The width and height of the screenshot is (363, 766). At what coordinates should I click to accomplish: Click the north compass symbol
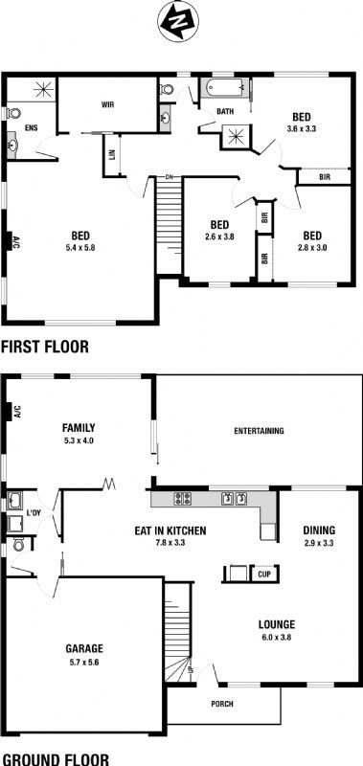(178, 21)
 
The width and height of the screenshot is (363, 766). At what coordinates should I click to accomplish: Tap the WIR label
(107, 104)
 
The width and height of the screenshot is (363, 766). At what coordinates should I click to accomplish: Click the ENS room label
(32, 128)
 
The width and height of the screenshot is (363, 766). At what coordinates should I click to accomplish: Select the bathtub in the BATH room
(225, 88)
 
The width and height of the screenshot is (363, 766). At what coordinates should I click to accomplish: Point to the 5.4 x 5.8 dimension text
(79, 248)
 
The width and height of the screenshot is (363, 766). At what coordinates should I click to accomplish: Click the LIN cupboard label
(111, 155)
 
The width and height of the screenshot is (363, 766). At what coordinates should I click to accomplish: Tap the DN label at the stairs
(170, 176)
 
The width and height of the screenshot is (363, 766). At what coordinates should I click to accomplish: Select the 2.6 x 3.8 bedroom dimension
(220, 237)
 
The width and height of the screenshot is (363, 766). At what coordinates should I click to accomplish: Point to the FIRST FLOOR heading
(44, 347)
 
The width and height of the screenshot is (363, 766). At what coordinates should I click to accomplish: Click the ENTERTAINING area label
(259, 431)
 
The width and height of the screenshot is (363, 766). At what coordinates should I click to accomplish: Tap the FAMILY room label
(79, 428)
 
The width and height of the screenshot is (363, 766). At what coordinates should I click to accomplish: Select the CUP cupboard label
(264, 574)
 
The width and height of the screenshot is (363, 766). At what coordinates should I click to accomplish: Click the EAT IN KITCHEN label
(170, 530)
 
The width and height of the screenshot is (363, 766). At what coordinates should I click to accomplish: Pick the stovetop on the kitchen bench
(183, 498)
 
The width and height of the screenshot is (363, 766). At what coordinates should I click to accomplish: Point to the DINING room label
(319, 530)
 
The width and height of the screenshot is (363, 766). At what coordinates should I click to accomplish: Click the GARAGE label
(84, 649)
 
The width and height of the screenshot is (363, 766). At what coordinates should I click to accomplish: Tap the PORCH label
(222, 704)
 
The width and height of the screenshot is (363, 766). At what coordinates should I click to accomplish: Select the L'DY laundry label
(34, 513)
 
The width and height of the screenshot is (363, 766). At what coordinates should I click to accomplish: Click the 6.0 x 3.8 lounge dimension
(277, 637)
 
